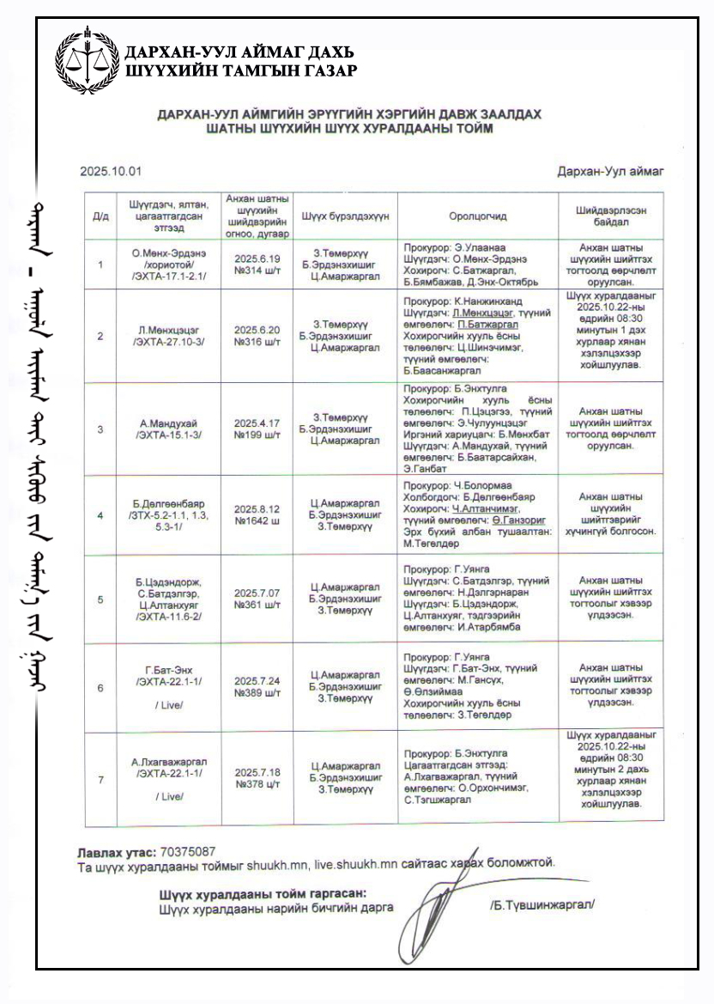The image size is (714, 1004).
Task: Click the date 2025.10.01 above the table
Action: coord(111,172)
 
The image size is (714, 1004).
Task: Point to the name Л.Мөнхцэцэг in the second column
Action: coord(169,330)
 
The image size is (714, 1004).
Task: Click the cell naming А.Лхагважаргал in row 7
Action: coord(169,762)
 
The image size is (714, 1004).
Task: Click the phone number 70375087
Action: coord(187,851)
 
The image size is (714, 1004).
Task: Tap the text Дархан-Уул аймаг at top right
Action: coord(609,172)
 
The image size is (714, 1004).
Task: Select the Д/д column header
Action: coord(100,216)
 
